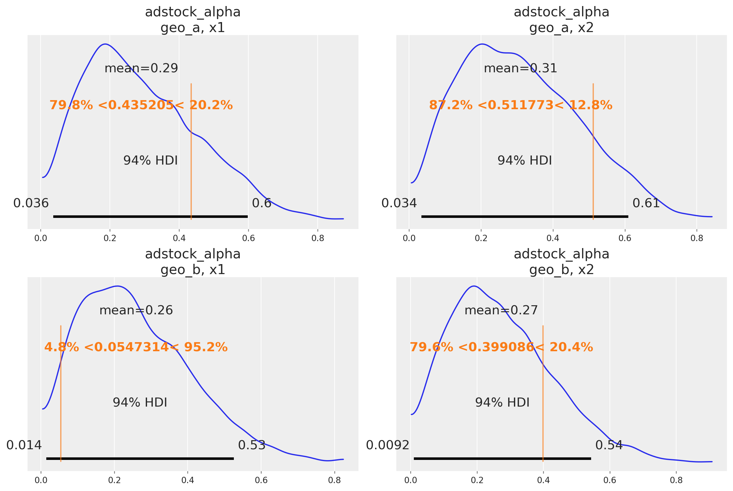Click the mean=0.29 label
pos(141,68)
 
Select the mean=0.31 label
pos(520,68)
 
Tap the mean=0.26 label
pos(136,310)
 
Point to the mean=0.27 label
pos(501,310)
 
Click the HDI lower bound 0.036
pos(31,204)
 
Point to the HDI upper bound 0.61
pos(646,204)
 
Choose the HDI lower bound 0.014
pos(24,445)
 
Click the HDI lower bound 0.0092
pos(388,445)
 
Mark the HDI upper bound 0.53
pos(251,445)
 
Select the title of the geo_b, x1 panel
pos(193,262)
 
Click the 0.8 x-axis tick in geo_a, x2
pos(697,239)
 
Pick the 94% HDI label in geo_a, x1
pos(150,161)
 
